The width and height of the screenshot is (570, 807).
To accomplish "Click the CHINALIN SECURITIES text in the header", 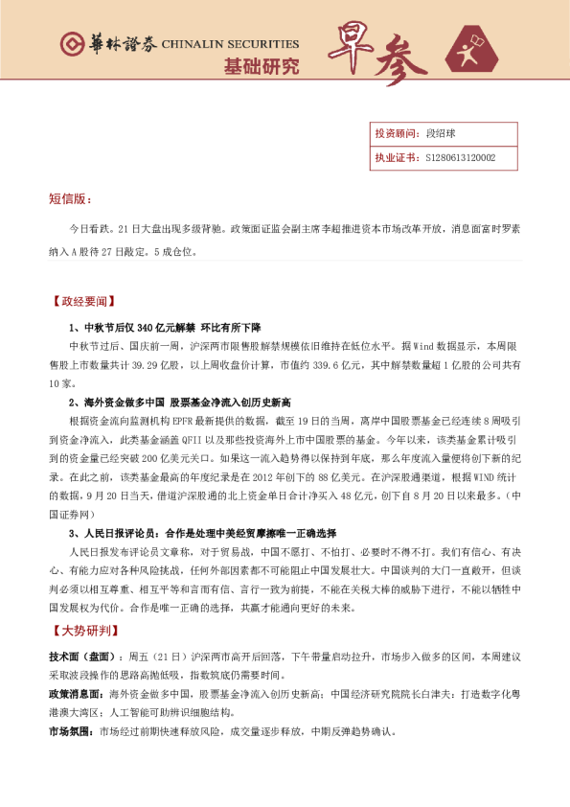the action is point(230,44).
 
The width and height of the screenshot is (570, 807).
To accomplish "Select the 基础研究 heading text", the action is point(261,67).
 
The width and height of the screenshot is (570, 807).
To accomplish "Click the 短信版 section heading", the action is point(70,198).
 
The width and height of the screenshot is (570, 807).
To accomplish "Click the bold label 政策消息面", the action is point(78,692).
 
